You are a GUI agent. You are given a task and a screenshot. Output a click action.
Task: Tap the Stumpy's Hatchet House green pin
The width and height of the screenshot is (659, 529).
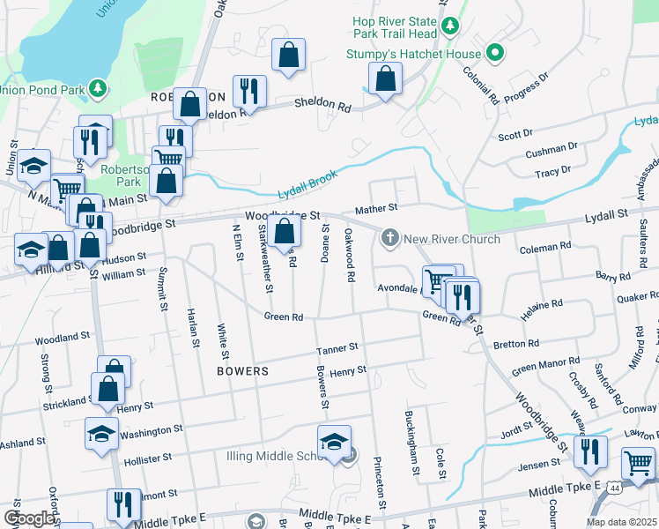point(495,53)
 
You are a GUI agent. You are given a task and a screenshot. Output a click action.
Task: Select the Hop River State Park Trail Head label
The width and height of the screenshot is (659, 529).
point(394,26)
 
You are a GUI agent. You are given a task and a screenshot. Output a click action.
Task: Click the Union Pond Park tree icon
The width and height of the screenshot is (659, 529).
point(98,89)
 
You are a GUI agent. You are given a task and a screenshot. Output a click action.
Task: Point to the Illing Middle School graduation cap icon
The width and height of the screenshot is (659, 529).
point(334,441)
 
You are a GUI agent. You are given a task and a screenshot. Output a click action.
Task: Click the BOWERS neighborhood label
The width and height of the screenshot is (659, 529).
point(242,372)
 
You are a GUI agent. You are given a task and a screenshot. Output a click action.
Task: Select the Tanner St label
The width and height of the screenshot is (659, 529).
point(338,349)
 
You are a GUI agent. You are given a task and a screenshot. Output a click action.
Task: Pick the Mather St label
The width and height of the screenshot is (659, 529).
point(376,209)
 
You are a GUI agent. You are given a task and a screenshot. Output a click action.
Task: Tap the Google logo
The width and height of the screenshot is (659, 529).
point(29,518)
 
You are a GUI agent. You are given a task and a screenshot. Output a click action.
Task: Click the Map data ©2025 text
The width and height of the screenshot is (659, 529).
point(622,522)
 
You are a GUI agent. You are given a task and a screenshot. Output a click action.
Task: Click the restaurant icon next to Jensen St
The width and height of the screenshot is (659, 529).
point(589,451)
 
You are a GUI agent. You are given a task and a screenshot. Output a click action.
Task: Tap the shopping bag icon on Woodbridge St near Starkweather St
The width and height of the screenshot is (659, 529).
point(284,233)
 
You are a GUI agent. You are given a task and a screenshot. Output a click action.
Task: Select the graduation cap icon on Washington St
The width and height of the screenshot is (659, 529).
point(101,432)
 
